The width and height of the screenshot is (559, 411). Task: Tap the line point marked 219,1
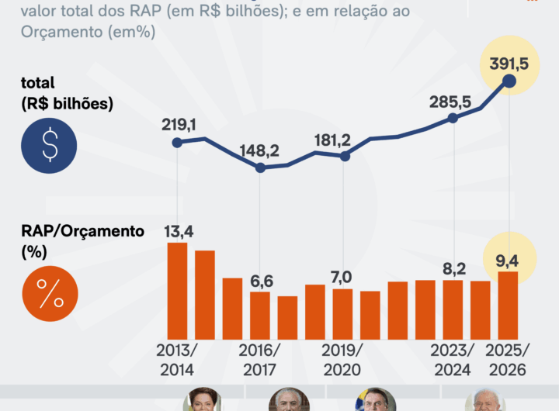point(177,142)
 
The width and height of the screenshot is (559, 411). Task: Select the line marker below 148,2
point(260,168)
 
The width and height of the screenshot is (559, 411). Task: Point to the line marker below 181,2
point(345,156)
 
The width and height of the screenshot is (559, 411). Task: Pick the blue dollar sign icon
point(50,145)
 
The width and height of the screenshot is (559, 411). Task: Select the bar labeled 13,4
point(178,291)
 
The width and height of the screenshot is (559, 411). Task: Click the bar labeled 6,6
point(260,316)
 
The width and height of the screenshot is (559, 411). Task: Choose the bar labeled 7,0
point(343,314)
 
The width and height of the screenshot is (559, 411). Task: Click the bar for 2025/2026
point(508,306)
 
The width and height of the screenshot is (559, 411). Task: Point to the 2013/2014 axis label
point(177,358)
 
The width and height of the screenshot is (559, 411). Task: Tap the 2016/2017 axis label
point(260,358)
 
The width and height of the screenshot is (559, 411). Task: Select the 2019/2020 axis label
point(343,358)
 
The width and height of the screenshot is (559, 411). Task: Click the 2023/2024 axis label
point(453,358)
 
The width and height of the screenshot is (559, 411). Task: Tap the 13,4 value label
point(178,230)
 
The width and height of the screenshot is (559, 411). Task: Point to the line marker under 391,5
point(509,80)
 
